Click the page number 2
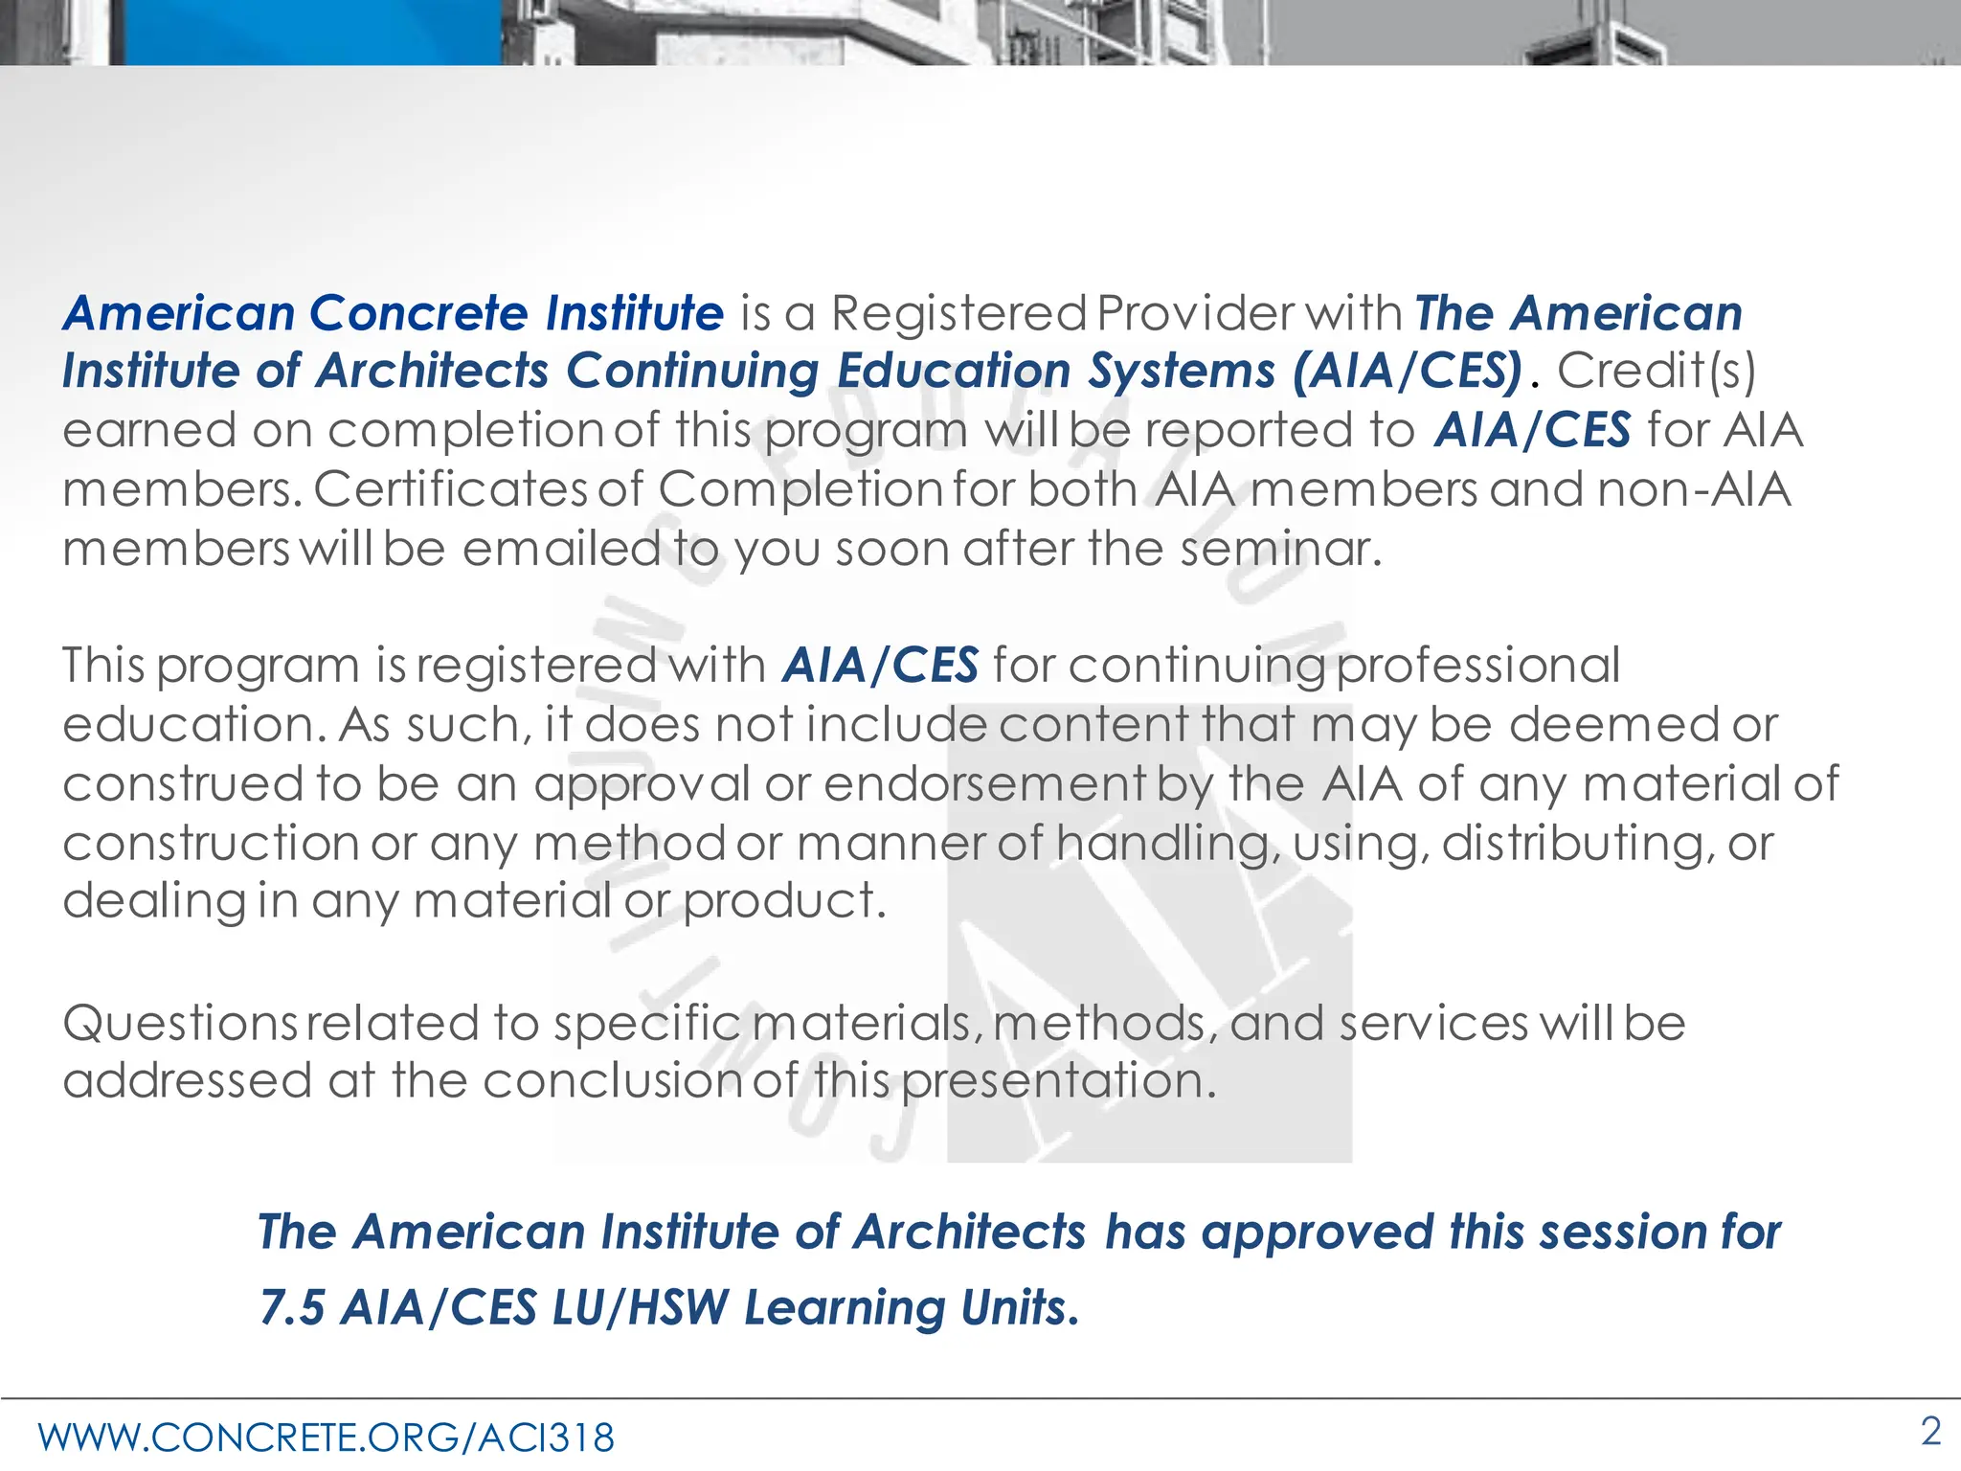tap(1930, 1432)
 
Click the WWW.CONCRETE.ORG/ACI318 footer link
tap(327, 1437)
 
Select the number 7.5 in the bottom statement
tap(292, 1308)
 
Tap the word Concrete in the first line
tap(418, 313)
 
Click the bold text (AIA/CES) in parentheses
tap(1407, 372)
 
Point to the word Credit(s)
tap(1657, 372)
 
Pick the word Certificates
tap(449, 489)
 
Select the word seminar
tap(1280, 549)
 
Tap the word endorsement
tap(983, 783)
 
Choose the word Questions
tap(180, 1023)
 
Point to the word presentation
tap(1058, 1081)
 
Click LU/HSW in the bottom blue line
tap(641, 1308)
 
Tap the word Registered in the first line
tap(958, 313)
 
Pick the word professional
tap(1477, 666)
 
